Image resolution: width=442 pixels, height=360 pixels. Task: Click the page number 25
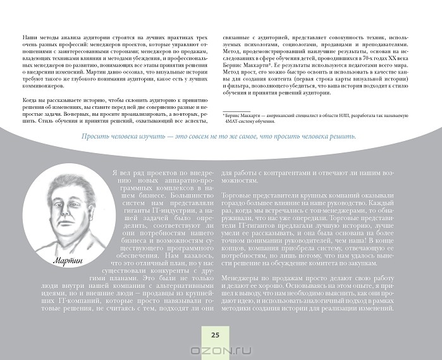(214, 335)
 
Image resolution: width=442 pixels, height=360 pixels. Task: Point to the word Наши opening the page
(27, 37)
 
